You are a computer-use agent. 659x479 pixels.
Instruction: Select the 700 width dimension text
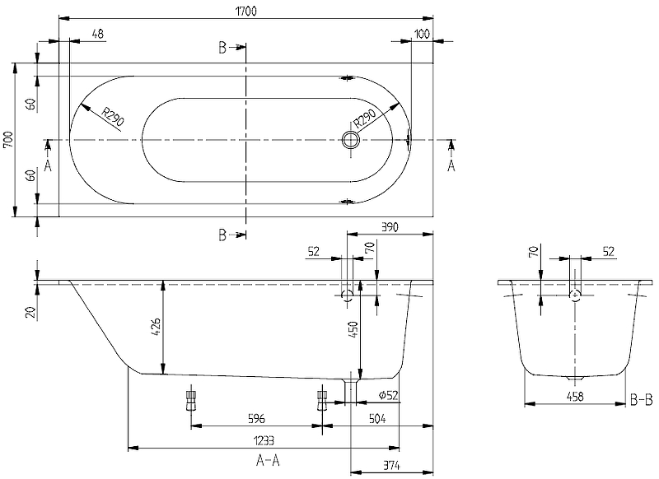coord(9,139)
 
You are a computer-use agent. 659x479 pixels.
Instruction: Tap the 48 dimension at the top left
coord(96,33)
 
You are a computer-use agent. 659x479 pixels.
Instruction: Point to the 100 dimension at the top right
coord(423,33)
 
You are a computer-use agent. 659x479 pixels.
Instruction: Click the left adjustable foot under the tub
coord(192,399)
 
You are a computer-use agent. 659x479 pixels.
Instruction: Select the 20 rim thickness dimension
coord(30,311)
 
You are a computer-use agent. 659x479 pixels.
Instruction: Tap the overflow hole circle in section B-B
coord(575,294)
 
